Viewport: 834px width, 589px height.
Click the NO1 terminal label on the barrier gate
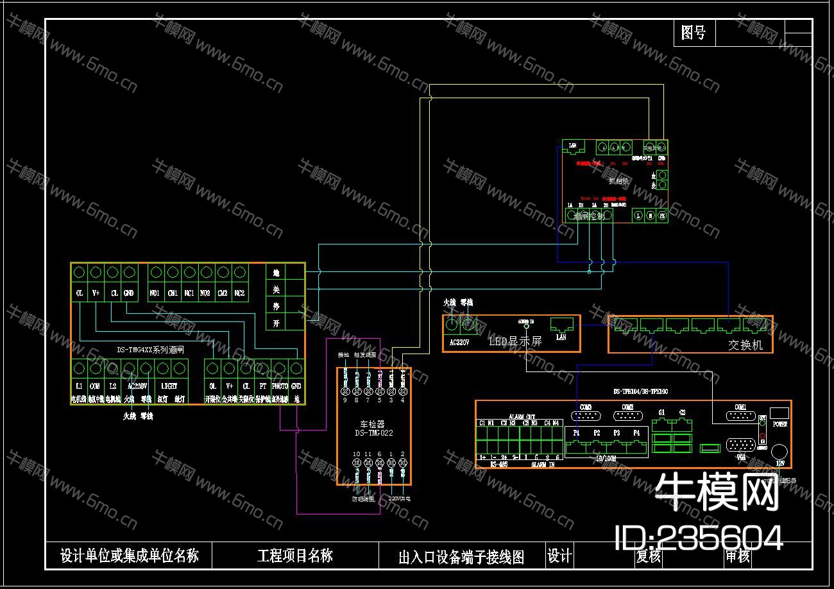(x=155, y=293)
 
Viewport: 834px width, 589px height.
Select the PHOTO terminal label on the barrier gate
(x=278, y=386)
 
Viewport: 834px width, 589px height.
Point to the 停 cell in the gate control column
(x=276, y=307)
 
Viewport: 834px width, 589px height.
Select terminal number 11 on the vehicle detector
(x=368, y=454)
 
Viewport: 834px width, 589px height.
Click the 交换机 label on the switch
(x=745, y=345)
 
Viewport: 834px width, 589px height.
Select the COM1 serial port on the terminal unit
(x=740, y=416)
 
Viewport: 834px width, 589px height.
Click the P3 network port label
(x=617, y=433)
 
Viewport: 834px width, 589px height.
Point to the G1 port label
(x=662, y=412)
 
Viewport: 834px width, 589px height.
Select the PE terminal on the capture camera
(x=663, y=216)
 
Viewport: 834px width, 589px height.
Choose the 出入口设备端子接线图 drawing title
(x=461, y=557)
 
